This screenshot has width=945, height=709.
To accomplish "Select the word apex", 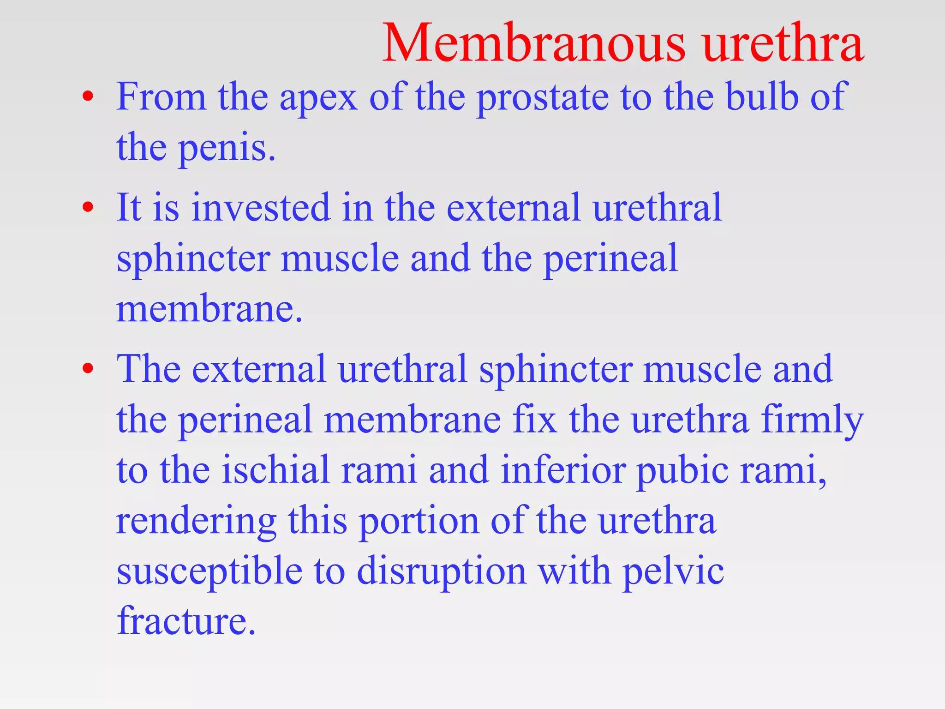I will (318, 98).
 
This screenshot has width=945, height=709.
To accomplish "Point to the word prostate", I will (542, 98).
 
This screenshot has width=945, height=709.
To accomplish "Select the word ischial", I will (276, 469).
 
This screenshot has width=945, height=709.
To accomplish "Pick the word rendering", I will (196, 522).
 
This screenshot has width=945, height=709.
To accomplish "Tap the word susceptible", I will (209, 571).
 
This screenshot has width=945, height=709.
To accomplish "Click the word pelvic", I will (673, 571).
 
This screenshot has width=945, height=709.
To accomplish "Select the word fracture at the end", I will (186, 621).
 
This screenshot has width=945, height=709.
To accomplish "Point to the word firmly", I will (812, 421).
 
